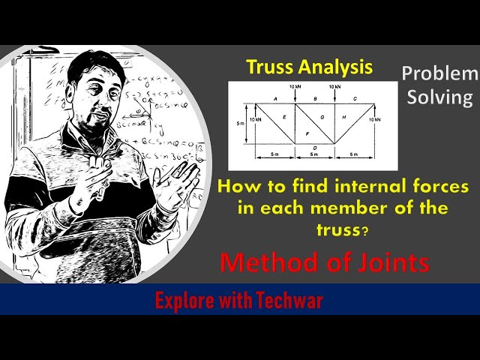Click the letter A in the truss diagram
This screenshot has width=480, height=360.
coord(276,99)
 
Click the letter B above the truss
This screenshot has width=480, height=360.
coord(315,99)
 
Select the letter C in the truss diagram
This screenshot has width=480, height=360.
coord(354,99)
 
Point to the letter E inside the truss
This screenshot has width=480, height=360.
coord(284,118)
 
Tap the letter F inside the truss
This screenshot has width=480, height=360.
coord(307,133)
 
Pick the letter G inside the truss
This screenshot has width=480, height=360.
coord(322,118)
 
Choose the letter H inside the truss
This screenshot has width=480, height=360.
coord(343,118)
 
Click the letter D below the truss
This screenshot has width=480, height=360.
coord(315,148)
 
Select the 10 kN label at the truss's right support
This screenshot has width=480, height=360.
coord(375,119)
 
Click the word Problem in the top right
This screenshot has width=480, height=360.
coord(439,73)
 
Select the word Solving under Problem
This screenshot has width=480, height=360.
coord(447,97)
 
